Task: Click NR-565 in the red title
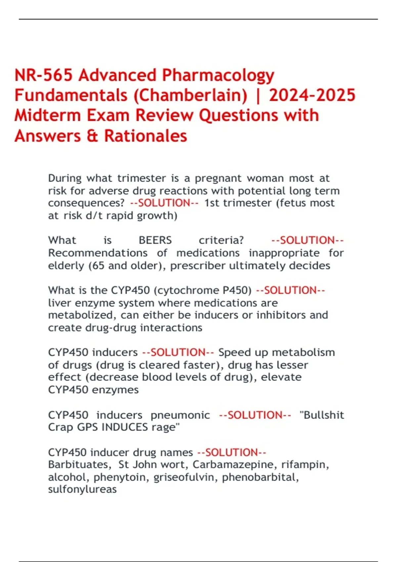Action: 43,75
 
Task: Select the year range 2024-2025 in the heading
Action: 312,95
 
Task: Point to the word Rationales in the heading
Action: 146,136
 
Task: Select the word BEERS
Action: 155,240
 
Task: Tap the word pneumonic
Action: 180,415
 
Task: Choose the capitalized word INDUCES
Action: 125,427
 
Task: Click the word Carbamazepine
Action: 234,464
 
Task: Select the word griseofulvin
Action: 184,477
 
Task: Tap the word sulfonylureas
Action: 82,489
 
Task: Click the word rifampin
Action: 305,464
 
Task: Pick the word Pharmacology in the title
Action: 218,75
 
